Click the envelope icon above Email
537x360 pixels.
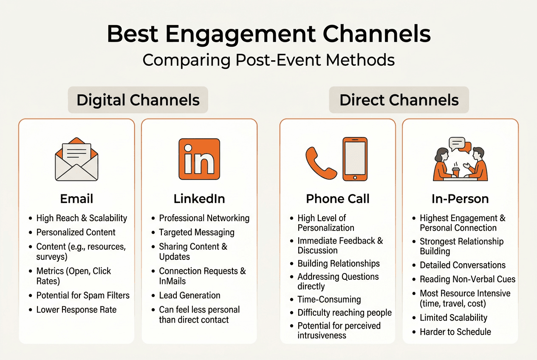(x=76, y=159)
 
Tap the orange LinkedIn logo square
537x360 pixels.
(x=199, y=159)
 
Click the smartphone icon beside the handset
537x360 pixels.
(x=355, y=159)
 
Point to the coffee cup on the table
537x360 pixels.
(x=455, y=172)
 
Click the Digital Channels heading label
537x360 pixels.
(x=138, y=100)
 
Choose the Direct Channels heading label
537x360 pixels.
(x=399, y=100)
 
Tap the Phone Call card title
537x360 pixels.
(x=338, y=199)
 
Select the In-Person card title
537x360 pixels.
(x=460, y=199)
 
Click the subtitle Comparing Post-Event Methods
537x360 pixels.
(x=268, y=60)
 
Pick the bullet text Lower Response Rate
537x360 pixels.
(x=76, y=310)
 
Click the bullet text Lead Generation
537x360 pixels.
(x=189, y=295)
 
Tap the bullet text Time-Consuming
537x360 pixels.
(x=329, y=299)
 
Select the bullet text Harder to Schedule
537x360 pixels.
(x=455, y=332)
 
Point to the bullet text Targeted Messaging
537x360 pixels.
(x=197, y=232)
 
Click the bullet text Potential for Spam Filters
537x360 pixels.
(x=83, y=295)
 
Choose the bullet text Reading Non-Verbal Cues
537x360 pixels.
(x=467, y=279)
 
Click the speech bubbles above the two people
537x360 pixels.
(x=460, y=145)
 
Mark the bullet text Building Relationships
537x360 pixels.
(x=339, y=264)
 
